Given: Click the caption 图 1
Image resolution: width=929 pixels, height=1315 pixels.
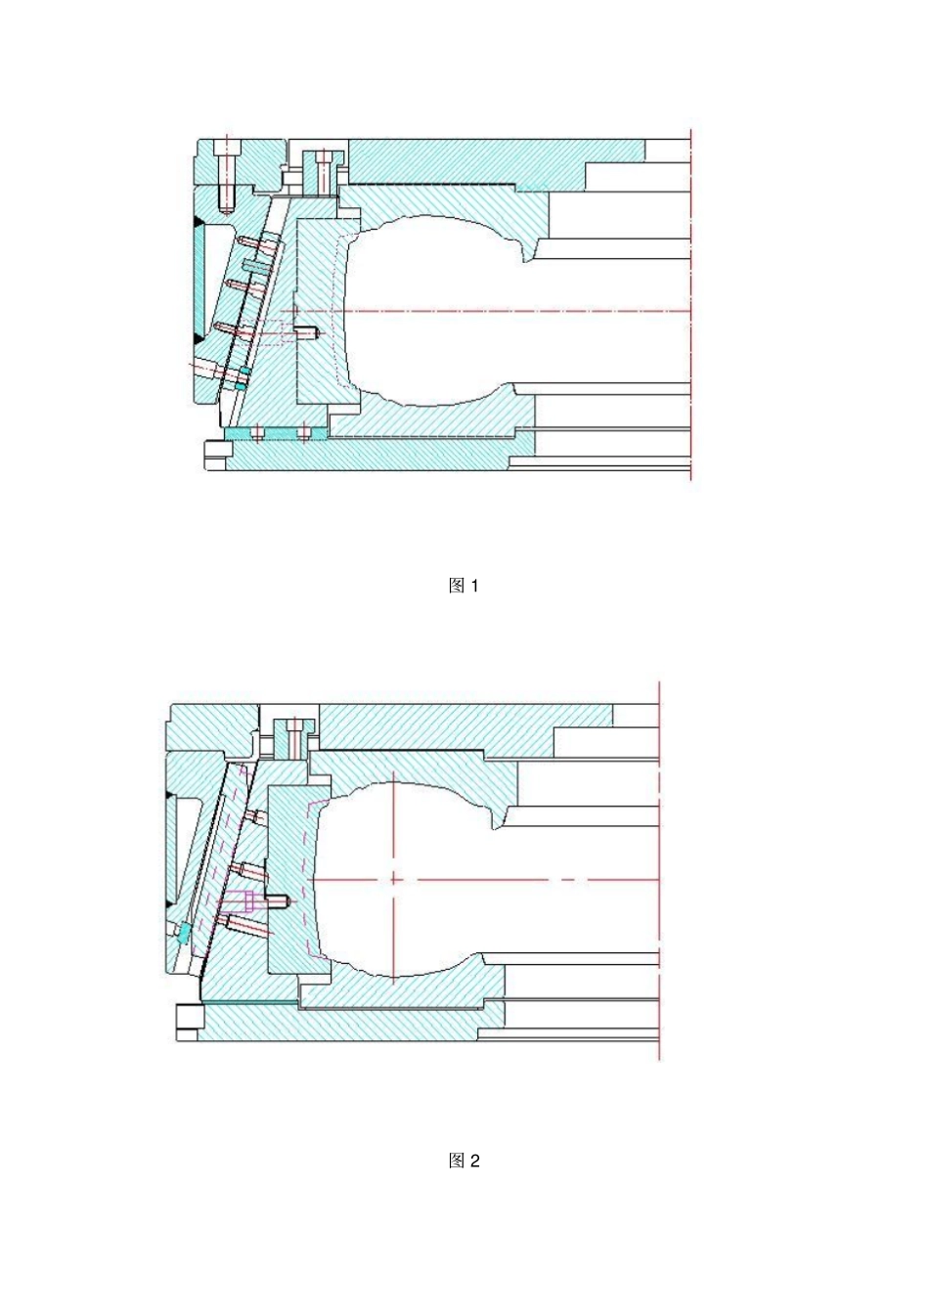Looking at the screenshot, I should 464,586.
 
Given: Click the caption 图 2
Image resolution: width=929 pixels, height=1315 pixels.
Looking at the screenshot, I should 464,1161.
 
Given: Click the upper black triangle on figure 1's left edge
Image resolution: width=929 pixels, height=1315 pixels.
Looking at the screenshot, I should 199,224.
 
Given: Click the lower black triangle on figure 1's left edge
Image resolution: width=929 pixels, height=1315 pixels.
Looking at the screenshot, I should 199,339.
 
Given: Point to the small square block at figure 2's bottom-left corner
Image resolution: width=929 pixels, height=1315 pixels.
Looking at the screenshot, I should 187,1021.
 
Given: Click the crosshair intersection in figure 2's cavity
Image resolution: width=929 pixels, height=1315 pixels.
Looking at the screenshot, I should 394,879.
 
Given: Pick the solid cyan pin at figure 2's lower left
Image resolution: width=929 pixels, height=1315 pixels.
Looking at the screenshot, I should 183,934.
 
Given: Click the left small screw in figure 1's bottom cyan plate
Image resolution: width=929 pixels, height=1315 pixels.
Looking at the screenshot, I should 256,432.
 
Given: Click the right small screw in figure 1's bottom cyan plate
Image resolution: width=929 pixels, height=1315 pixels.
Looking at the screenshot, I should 304,432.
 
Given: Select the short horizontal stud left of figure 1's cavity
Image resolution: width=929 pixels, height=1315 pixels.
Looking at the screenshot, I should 310,333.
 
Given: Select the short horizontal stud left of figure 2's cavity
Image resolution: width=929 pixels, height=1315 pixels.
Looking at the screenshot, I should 282,900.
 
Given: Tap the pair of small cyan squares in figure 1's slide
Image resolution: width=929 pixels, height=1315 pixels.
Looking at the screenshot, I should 242,378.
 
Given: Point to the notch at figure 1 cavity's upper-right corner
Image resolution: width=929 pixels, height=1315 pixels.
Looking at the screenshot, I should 529,257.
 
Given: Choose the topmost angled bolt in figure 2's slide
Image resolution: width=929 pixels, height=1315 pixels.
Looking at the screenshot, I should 255,816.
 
